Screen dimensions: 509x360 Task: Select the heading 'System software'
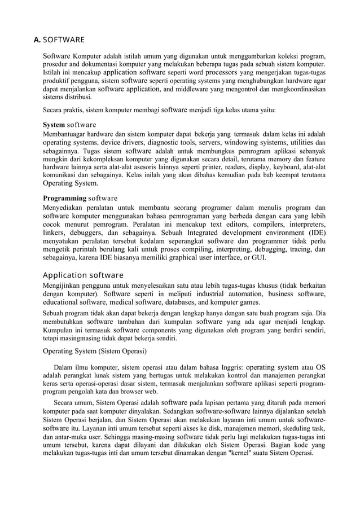point(69,124)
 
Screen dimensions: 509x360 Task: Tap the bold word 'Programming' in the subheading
point(64,198)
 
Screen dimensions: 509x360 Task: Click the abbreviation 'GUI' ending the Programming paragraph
point(258,258)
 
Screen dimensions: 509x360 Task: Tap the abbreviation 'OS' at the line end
point(320,367)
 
